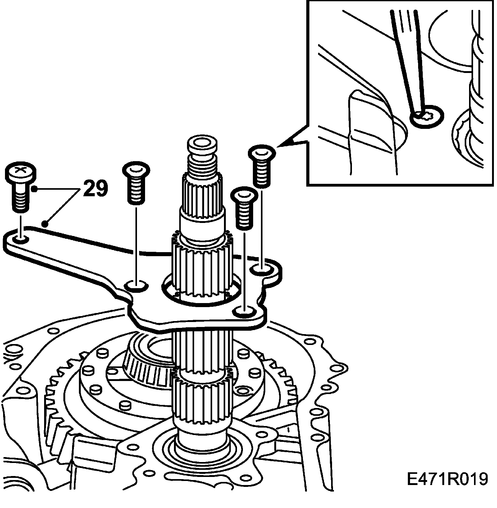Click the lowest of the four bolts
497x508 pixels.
245,208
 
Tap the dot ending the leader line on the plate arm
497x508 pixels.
45,223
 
